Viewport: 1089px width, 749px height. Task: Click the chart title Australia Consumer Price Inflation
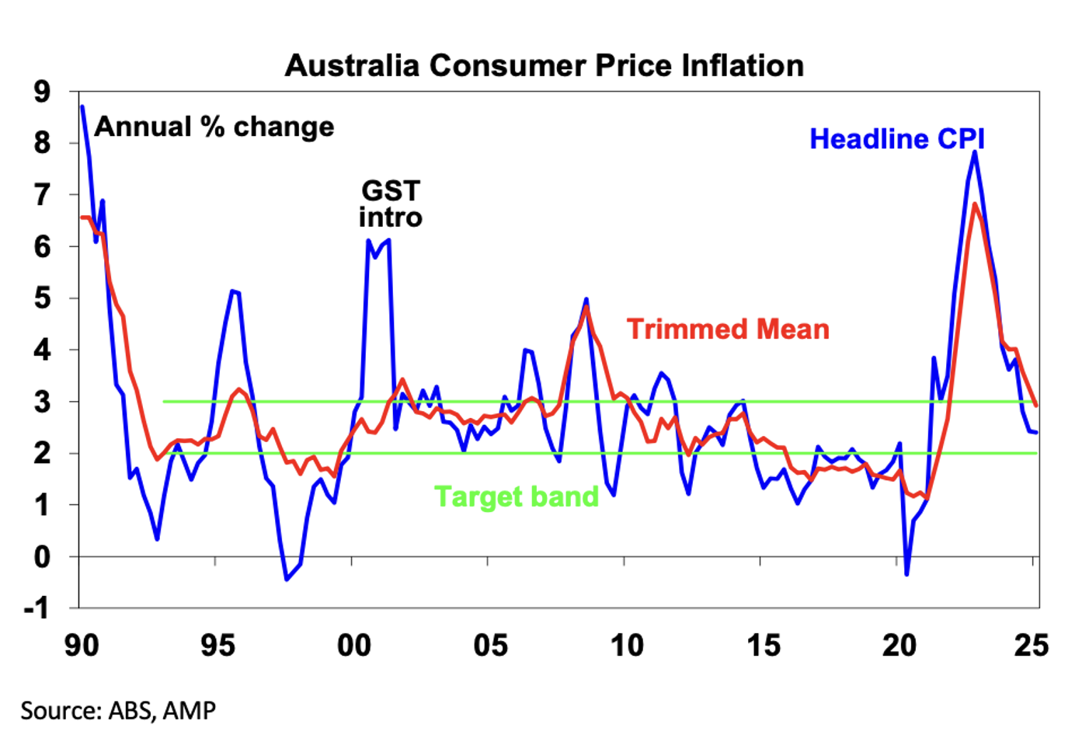[544, 65]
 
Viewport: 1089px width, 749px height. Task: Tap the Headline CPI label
[896, 139]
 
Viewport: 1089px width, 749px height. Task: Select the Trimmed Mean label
[728, 329]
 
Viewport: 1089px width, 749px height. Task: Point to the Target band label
[516, 496]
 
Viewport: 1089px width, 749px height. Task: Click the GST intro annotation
[390, 204]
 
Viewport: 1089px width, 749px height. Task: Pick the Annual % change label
[214, 127]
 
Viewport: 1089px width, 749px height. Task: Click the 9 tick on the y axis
[42, 92]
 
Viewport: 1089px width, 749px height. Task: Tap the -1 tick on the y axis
[37, 608]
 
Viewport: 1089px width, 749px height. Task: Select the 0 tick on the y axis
[42, 556]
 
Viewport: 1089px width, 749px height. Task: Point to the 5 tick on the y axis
[42, 298]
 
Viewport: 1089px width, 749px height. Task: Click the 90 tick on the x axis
[81, 646]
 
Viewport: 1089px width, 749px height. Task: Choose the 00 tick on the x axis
[353, 646]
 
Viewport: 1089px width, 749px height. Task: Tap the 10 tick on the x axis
[626, 646]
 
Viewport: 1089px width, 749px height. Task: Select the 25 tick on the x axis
[1031, 646]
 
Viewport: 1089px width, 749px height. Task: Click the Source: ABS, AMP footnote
[118, 710]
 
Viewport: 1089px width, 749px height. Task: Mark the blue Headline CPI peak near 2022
[975, 152]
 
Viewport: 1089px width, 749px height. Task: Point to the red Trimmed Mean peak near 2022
[975, 204]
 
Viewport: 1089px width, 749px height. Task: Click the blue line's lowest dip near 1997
[286, 580]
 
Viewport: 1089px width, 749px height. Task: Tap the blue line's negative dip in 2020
[906, 575]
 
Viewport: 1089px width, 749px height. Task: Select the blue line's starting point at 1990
[82, 106]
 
